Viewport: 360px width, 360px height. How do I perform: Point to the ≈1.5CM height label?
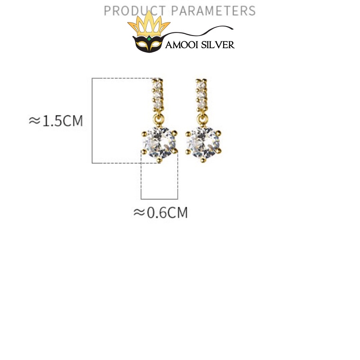pos(56,121)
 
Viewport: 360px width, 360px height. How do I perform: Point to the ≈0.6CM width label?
pos(161,212)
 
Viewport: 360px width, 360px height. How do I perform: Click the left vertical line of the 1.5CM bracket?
pos(92,121)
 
